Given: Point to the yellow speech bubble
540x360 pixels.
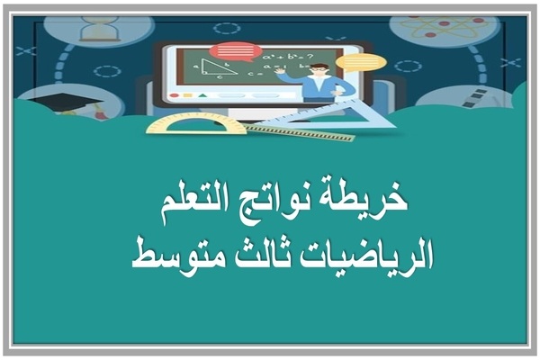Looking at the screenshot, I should tap(364, 62).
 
